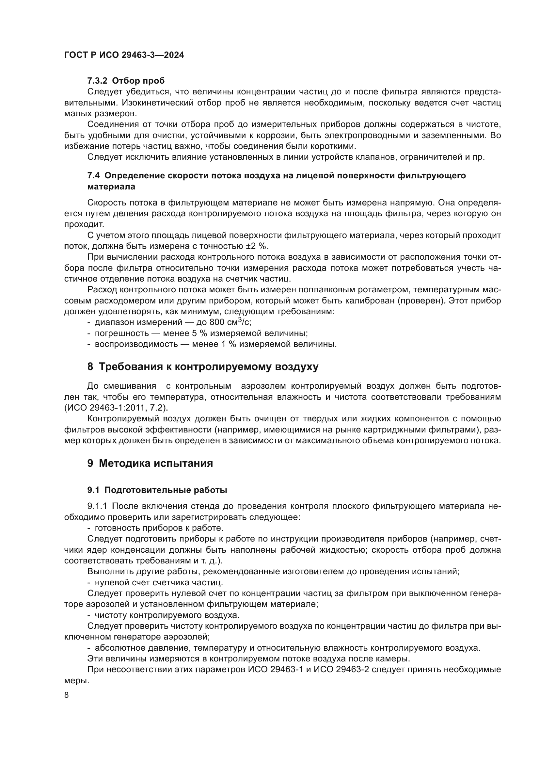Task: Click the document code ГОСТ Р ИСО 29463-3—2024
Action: pos(124,55)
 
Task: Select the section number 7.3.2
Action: pos(97,81)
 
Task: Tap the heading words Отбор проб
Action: pos(138,81)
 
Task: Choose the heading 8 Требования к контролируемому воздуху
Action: pos(202,366)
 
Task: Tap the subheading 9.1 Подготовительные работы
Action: pos(157,490)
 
